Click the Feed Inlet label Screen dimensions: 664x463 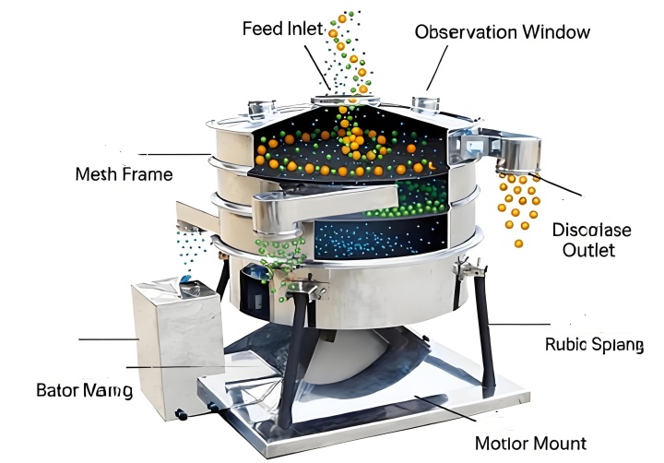tap(283, 29)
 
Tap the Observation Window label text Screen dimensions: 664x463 tap(503, 32)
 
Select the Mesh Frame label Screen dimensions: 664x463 tap(125, 174)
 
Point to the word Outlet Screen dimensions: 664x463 tap(588, 250)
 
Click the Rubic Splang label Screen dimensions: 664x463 tap(594, 345)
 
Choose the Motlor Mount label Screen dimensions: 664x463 tap(530, 444)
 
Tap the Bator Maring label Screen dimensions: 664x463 tap(84, 390)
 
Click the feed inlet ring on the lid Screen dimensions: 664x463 tap(345, 101)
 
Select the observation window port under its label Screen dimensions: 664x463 tap(425, 104)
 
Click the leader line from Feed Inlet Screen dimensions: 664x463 tap(317, 67)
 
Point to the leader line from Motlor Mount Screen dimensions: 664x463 tap(445, 408)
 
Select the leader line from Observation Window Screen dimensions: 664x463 tap(437, 67)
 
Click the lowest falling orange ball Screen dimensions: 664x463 tap(518, 243)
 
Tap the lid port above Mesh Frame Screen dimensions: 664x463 tap(261, 108)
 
